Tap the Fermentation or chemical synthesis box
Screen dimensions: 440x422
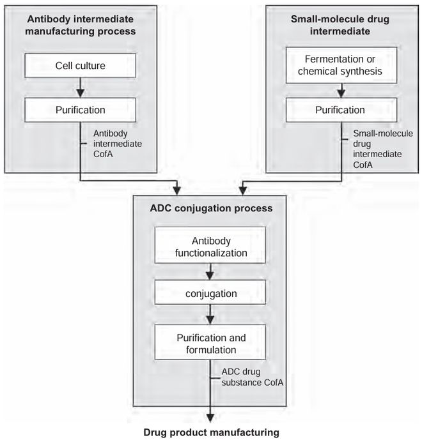pyautogui.click(x=340, y=64)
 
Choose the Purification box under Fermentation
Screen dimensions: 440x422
pyautogui.click(x=340, y=109)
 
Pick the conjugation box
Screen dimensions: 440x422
pyautogui.click(x=211, y=294)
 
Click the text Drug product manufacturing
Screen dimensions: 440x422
pyautogui.click(x=211, y=432)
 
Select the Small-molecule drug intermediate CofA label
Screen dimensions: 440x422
pyautogui.click(x=383, y=148)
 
